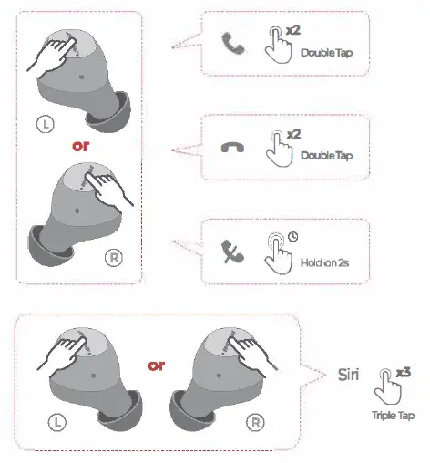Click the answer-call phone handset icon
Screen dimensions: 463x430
click(228, 41)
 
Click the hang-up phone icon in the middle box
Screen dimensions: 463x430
click(228, 147)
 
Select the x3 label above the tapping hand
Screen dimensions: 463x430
click(403, 371)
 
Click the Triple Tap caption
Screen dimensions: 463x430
click(393, 415)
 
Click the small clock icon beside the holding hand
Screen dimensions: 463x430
click(293, 237)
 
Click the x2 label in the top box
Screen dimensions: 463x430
click(293, 30)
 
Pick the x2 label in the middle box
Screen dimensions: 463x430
click(293, 134)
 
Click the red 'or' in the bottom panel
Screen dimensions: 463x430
click(156, 366)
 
